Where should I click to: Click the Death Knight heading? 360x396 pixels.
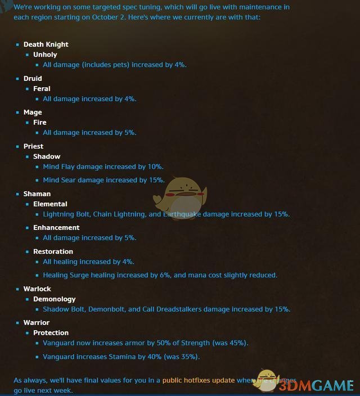(46, 44)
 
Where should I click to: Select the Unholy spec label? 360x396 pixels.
(45, 55)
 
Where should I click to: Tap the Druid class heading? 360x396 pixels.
(33, 78)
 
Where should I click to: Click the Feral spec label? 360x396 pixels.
(42, 88)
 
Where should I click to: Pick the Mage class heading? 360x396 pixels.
(33, 112)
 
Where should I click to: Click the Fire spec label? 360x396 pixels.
(39, 122)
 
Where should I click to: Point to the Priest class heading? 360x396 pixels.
(33, 146)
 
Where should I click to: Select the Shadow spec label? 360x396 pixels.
(47, 156)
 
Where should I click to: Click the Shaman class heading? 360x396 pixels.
(37, 193)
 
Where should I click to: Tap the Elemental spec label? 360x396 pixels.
(50, 204)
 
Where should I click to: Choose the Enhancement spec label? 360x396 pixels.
(56, 227)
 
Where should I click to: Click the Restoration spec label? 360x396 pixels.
(53, 251)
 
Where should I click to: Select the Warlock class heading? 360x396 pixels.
(37, 289)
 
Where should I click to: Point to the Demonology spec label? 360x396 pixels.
(54, 299)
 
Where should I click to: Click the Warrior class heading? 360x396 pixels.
(37, 322)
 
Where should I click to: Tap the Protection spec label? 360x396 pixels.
(51, 332)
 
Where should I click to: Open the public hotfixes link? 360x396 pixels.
(198, 380)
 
